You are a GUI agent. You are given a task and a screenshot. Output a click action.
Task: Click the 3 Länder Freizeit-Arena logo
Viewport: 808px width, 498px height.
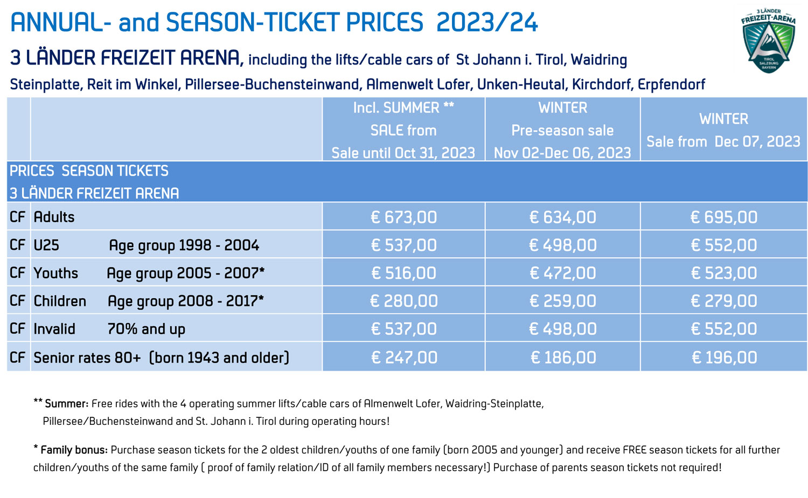(x=768, y=40)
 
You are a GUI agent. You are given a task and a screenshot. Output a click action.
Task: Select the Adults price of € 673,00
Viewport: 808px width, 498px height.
(x=403, y=217)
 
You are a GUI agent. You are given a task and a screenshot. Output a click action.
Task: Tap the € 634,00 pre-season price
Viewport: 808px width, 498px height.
(x=562, y=217)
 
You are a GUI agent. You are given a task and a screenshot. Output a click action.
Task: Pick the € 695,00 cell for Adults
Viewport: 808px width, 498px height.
(x=723, y=217)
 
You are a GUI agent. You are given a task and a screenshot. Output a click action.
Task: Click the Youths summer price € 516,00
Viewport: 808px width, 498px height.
(x=403, y=273)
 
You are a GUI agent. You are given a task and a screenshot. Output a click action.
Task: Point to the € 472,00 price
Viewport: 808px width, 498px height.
(x=562, y=273)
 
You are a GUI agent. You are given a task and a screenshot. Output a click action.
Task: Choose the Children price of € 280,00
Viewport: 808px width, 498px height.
(x=403, y=301)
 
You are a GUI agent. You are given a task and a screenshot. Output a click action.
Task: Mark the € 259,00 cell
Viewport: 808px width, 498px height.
(x=562, y=301)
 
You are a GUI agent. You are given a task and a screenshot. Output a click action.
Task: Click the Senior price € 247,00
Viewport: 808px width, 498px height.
(x=403, y=357)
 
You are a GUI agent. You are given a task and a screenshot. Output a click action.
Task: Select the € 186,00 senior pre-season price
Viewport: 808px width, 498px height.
(x=563, y=357)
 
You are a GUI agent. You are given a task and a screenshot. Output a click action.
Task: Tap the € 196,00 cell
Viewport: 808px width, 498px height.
(x=724, y=357)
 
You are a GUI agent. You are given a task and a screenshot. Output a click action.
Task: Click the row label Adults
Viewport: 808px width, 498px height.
(x=54, y=217)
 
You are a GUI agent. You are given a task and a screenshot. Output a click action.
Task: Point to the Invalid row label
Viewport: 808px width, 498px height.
(x=54, y=329)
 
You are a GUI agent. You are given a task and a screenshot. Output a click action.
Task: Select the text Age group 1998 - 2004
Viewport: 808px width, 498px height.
(x=184, y=246)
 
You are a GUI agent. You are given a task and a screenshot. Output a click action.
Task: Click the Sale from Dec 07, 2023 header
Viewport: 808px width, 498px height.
(x=723, y=142)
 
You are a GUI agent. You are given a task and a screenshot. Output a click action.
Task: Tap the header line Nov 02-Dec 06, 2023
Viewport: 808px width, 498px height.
(x=562, y=153)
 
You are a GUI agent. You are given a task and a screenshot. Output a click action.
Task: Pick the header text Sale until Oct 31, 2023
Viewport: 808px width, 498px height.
(x=403, y=153)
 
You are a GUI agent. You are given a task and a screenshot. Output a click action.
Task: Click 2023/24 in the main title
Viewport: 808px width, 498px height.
(x=486, y=23)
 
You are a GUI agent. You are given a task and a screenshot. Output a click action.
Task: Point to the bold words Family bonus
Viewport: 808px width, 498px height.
(x=74, y=450)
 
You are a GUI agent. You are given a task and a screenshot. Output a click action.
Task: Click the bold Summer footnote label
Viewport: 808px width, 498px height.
(x=66, y=404)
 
